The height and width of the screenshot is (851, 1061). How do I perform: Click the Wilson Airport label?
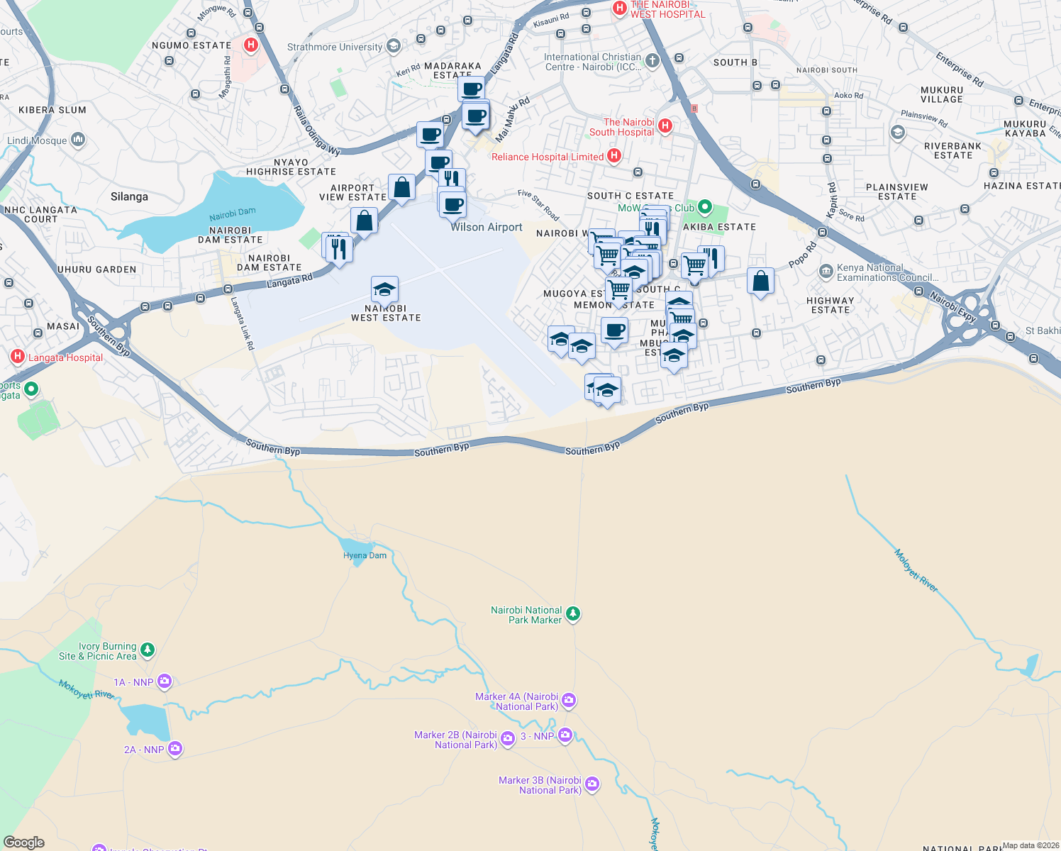(x=487, y=228)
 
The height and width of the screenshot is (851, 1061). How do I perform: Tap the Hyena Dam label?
(x=365, y=555)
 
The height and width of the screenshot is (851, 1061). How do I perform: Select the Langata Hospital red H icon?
(x=18, y=357)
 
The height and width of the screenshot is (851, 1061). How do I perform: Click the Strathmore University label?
(x=335, y=48)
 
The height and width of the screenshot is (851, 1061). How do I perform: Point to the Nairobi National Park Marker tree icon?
(x=573, y=614)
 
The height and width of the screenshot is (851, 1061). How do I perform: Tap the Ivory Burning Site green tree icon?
(x=148, y=650)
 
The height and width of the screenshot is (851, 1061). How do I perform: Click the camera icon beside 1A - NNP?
(x=165, y=682)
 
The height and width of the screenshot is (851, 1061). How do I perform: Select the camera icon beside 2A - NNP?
(x=176, y=749)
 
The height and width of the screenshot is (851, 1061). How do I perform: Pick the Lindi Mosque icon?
(x=78, y=140)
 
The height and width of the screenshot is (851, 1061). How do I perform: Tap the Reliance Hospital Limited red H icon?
(x=614, y=156)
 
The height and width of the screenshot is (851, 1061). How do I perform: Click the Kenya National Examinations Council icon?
(x=826, y=272)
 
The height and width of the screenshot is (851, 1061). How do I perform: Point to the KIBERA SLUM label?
(x=52, y=110)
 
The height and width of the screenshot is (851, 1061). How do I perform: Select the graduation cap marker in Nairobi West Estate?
(x=384, y=289)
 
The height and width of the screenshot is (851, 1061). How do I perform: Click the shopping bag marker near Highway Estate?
(x=760, y=282)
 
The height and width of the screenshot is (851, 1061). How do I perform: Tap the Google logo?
(x=24, y=842)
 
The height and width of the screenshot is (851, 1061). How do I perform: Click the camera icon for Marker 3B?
(x=592, y=784)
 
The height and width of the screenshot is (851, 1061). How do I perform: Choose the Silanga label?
(x=129, y=196)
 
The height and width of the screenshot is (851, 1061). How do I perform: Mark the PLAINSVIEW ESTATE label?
(x=897, y=191)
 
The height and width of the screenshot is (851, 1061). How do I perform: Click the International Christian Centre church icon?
(x=652, y=61)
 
